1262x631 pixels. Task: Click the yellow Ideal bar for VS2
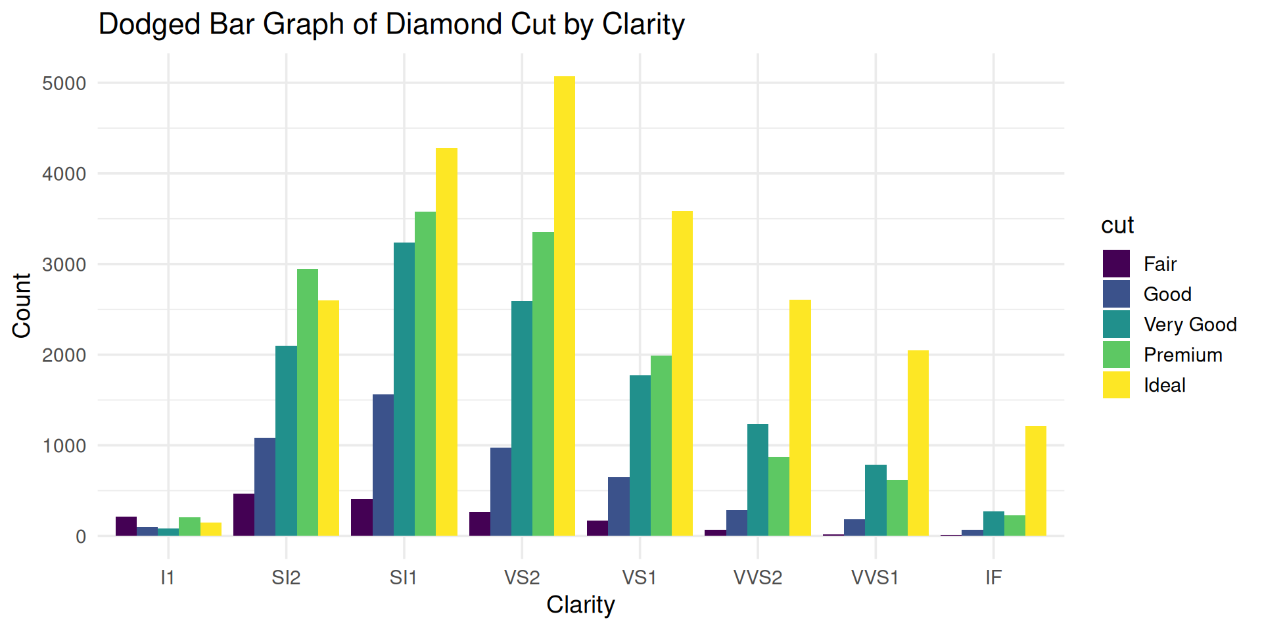tap(564, 306)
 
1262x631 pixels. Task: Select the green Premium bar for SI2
tap(307, 402)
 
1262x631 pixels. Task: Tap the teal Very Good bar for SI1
tap(404, 389)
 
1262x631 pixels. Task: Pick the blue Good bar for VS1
tap(619, 506)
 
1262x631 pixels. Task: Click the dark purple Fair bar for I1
tap(126, 526)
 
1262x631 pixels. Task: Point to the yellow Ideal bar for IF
tap(1035, 480)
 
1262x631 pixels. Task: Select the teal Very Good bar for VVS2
tap(758, 480)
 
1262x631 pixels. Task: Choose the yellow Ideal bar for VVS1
tap(918, 443)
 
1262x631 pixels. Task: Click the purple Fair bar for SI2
tap(244, 515)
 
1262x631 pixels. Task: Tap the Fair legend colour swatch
tap(1116, 264)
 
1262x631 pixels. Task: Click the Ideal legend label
tap(1164, 385)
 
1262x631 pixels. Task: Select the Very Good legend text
tap(1190, 325)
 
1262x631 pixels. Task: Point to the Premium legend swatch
tap(1116, 355)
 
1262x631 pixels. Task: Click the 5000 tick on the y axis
tap(64, 83)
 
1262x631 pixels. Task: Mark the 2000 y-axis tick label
tap(64, 356)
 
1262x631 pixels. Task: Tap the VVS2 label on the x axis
tap(758, 578)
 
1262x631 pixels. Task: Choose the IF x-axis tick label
tap(993, 578)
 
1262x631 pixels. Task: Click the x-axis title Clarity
tap(580, 605)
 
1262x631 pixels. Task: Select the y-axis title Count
tap(22, 306)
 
